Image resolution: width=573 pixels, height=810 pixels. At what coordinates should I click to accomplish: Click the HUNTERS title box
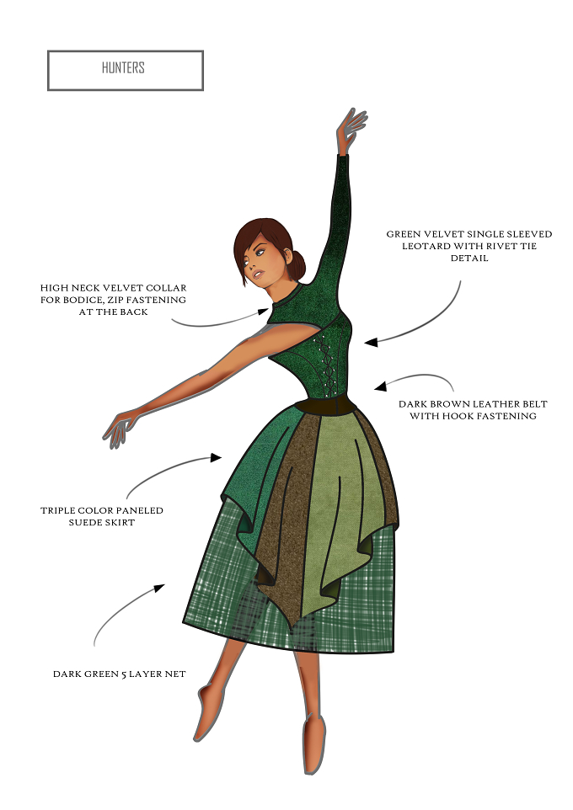(126, 70)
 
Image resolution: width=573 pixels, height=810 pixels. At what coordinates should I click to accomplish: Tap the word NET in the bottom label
(175, 674)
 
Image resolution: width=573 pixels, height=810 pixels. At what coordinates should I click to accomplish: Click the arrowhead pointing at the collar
(265, 311)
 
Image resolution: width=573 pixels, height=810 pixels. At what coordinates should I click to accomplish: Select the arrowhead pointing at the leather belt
(381, 386)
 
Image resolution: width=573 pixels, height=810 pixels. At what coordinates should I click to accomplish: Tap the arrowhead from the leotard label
(371, 342)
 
